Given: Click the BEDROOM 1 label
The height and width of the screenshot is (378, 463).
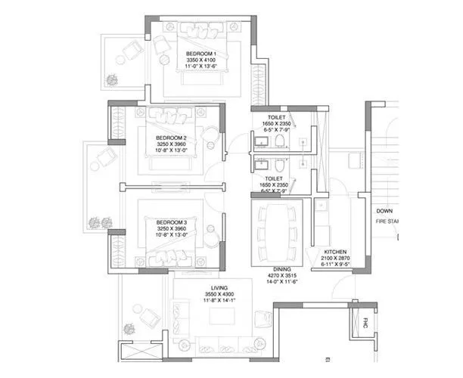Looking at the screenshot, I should tap(202, 54).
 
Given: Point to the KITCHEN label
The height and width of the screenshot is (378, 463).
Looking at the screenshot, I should tap(335, 250).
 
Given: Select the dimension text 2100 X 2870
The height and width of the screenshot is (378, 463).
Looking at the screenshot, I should tap(335, 257).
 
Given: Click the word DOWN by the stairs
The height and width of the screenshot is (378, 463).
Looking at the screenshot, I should tap(384, 211).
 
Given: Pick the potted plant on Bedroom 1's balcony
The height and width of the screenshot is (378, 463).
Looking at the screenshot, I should tap(112, 79).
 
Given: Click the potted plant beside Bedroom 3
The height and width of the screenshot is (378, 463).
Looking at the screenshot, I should tap(95, 222).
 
